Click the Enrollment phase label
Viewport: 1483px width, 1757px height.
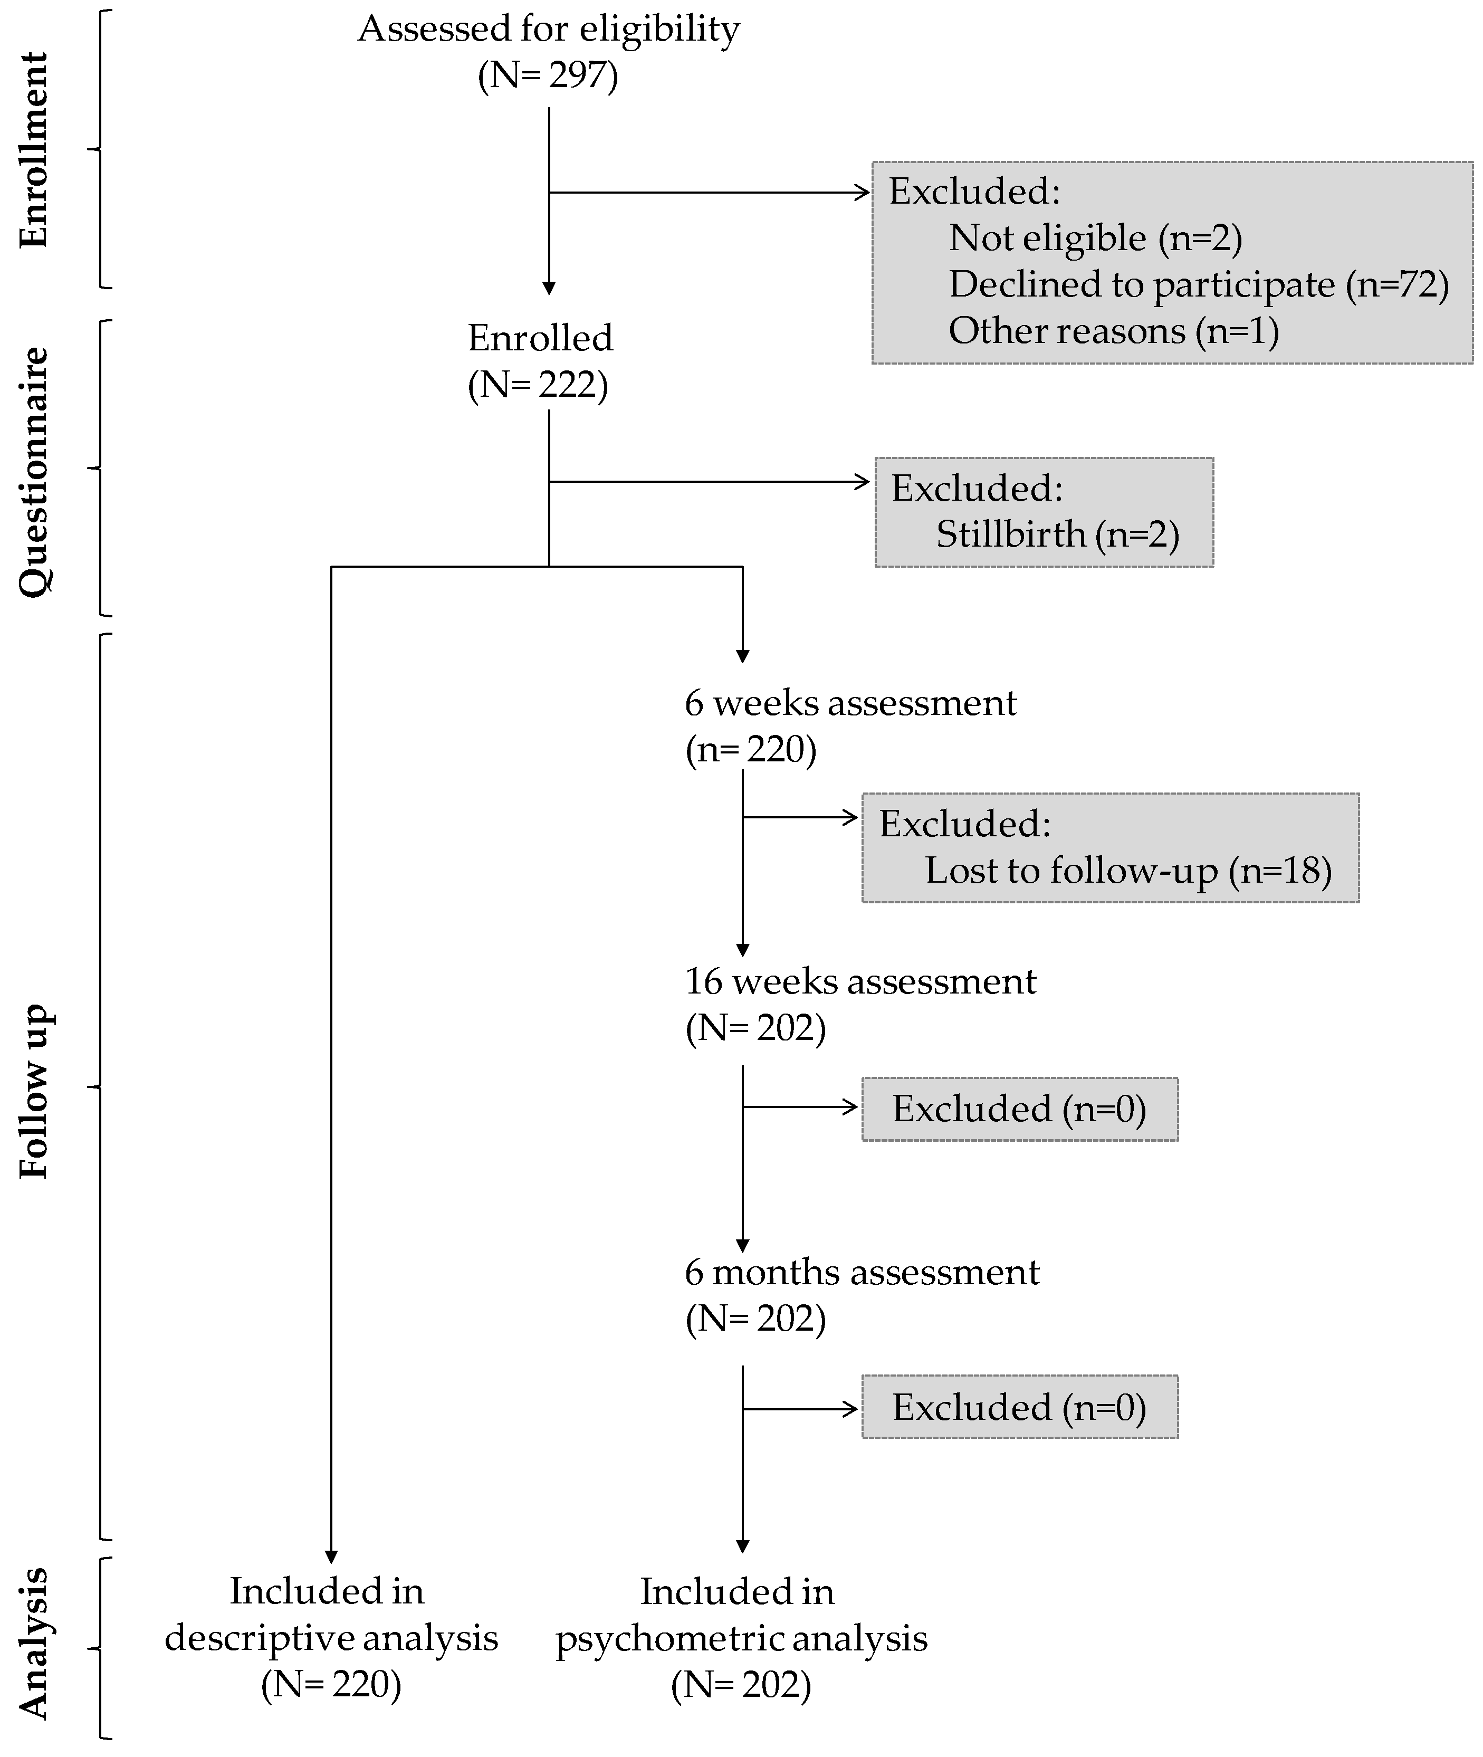coord(34,150)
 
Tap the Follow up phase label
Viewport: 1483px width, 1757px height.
coord(34,1091)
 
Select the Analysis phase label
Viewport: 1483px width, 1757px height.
coord(34,1644)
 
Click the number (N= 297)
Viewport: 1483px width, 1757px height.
coord(548,75)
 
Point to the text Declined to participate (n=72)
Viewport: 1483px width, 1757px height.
coord(1199,284)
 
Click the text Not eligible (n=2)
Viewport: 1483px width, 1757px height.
coord(1095,238)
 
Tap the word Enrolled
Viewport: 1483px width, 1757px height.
coord(540,338)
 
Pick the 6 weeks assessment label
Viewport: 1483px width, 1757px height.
coord(850,703)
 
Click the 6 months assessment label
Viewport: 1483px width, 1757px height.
coord(862,1272)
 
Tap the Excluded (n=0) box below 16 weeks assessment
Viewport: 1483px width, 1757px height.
coord(1019,1109)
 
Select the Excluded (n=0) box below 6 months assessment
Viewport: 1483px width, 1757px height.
coord(1019,1407)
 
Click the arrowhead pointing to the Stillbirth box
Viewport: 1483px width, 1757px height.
coord(864,482)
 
